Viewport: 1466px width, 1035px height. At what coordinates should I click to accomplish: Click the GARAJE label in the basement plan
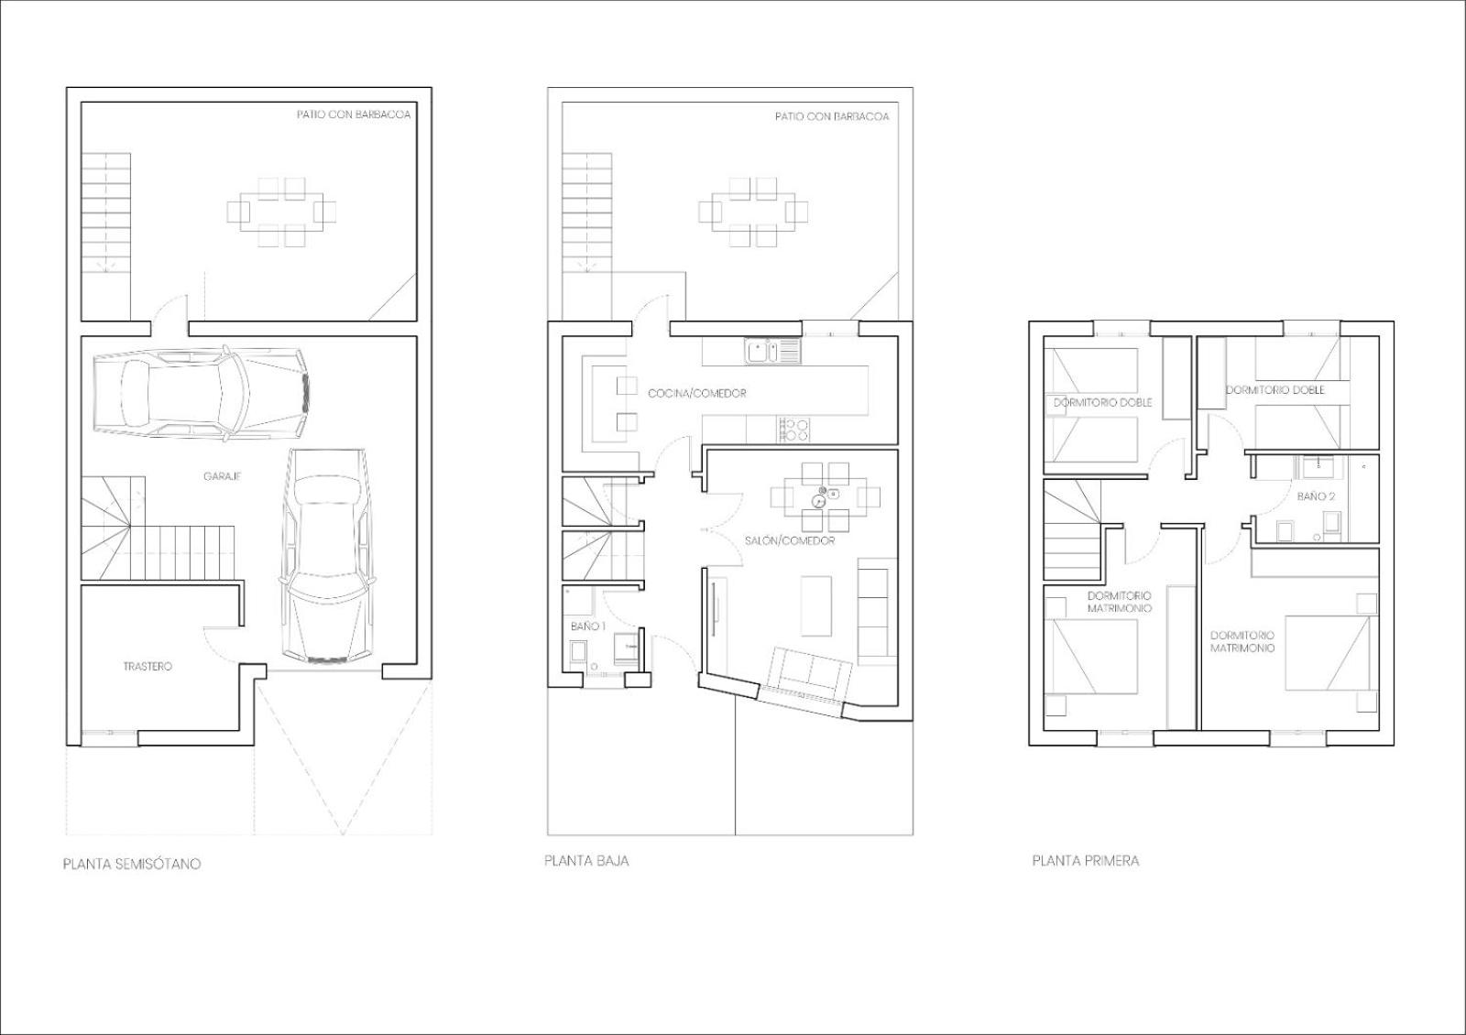[222, 476]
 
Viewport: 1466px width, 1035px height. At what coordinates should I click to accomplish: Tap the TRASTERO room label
[148, 666]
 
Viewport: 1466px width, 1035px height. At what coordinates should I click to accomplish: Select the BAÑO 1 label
[588, 626]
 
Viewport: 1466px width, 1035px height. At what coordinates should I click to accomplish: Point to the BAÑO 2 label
[1316, 496]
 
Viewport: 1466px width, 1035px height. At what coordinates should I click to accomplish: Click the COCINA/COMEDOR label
[697, 393]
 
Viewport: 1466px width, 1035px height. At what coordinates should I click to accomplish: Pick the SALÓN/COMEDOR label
[790, 541]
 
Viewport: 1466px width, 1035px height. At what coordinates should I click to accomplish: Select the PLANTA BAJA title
[586, 861]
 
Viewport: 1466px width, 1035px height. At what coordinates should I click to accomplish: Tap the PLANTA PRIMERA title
[1085, 861]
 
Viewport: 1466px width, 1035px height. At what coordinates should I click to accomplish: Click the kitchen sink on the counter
[771, 351]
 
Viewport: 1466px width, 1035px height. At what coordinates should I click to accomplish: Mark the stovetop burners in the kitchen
[794, 430]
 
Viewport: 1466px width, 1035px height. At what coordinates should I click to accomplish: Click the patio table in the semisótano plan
[282, 212]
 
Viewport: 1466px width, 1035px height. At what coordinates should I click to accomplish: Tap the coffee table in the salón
[816, 605]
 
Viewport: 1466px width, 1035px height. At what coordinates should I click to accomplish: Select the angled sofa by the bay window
[810, 673]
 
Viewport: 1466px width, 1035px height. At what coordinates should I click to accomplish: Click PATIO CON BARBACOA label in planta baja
[832, 116]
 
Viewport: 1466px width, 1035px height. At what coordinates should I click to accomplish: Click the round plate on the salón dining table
[817, 502]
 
